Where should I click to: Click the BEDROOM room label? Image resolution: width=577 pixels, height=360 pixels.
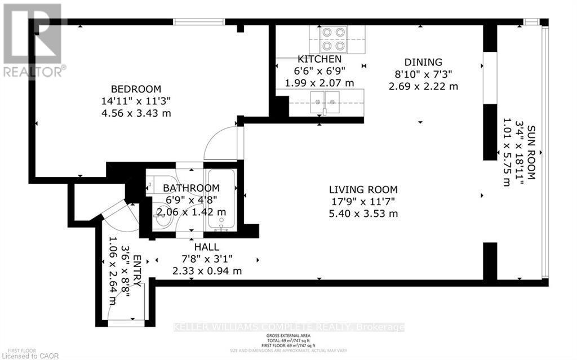135,89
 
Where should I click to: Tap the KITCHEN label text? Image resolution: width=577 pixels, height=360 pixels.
319,59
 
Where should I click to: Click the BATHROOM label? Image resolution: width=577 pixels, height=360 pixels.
191,188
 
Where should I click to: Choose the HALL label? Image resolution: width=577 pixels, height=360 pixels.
206,247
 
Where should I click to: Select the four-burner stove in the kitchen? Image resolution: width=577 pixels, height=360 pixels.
332,39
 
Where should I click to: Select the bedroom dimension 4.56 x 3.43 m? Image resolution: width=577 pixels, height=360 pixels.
135,113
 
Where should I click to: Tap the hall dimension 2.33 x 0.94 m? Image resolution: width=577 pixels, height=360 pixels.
207,271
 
